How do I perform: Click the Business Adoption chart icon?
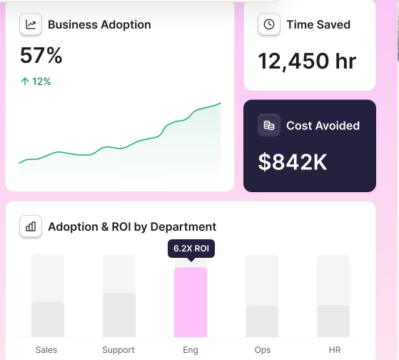tap(31, 24)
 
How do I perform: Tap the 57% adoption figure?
tap(41, 55)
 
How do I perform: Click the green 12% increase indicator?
tap(36, 81)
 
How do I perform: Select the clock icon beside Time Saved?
tap(269, 24)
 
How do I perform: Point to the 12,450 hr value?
tap(307, 61)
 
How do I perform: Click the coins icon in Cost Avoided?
tap(269, 125)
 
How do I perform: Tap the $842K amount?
tap(293, 162)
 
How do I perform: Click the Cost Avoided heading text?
tap(323, 126)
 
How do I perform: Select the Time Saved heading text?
tap(318, 25)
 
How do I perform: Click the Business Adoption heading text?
tap(99, 25)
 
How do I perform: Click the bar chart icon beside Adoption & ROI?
tap(31, 226)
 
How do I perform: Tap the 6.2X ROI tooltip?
tap(191, 249)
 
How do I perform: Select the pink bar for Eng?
tap(191, 302)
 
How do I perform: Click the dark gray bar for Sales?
tap(48, 319)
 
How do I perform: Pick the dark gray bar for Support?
tap(119, 315)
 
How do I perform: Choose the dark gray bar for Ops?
tap(262, 321)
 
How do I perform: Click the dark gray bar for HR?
tap(333, 321)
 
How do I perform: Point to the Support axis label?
tap(118, 350)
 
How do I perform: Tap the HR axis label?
tap(335, 350)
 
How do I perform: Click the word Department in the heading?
tap(183, 227)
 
